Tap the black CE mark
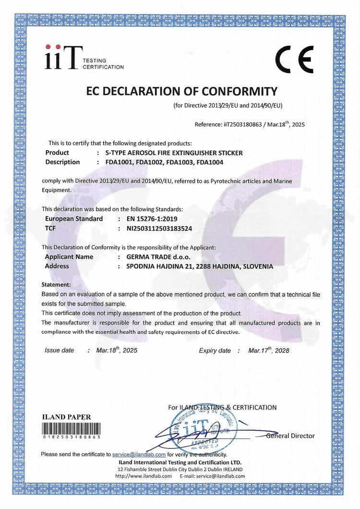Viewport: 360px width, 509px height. click(x=294, y=59)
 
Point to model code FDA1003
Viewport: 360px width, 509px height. click(x=180, y=162)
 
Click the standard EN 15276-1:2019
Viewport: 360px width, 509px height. click(x=153, y=219)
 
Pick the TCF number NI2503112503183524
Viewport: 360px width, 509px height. click(x=159, y=229)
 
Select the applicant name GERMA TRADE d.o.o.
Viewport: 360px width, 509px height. click(x=158, y=257)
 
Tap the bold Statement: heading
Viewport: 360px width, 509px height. click(x=57, y=285)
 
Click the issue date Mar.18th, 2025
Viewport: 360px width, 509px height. click(x=117, y=351)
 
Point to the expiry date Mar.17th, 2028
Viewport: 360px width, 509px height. click(x=269, y=351)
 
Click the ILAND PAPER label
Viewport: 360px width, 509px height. click(x=67, y=417)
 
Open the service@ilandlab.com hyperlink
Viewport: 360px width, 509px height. click(x=139, y=454)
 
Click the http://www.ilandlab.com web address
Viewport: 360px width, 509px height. click(x=143, y=476)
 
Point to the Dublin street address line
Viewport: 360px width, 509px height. click(x=180, y=469)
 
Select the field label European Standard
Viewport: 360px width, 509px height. click(x=74, y=219)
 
